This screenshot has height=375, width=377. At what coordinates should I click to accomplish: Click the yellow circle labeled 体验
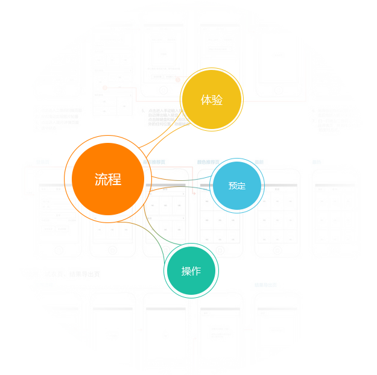[x=211, y=99]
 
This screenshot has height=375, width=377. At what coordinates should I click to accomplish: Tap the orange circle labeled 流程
[x=108, y=178]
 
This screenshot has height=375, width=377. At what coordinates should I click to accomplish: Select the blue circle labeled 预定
[x=237, y=186]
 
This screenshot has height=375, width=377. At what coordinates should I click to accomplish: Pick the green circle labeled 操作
[x=191, y=271]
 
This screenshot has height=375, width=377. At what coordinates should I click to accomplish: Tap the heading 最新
[x=259, y=162]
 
